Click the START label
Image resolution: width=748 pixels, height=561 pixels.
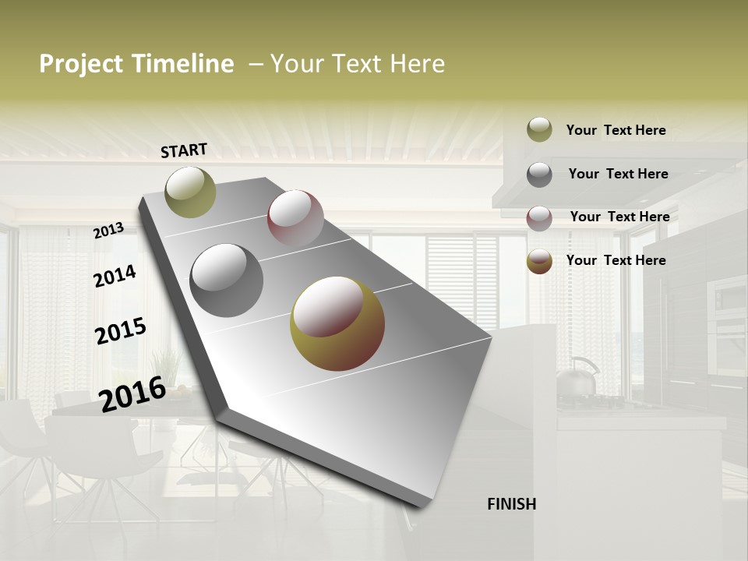click(184, 150)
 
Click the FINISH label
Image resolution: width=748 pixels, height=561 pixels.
click(511, 504)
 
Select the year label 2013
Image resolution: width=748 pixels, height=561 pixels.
click(108, 231)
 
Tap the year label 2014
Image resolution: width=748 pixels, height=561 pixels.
click(115, 277)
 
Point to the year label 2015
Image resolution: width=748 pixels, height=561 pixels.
click(120, 331)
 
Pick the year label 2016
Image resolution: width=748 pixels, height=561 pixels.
click(132, 393)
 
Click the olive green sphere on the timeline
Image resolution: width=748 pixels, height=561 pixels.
click(190, 192)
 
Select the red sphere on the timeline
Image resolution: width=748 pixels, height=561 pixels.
click(295, 218)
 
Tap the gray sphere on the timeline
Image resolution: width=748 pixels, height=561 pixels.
click(227, 280)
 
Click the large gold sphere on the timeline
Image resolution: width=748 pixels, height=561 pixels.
click(337, 323)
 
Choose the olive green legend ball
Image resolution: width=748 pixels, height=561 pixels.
click(539, 129)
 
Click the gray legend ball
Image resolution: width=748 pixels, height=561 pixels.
click(539, 175)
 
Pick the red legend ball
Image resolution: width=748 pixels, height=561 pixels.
click(539, 218)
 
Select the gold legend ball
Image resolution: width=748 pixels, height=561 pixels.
click(539, 262)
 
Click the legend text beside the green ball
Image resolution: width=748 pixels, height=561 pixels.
click(616, 130)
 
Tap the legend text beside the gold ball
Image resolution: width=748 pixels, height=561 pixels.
click(616, 260)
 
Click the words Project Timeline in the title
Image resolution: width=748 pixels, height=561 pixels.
click(136, 64)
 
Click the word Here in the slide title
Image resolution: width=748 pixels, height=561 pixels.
click(417, 64)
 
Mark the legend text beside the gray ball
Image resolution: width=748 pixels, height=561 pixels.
click(618, 174)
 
